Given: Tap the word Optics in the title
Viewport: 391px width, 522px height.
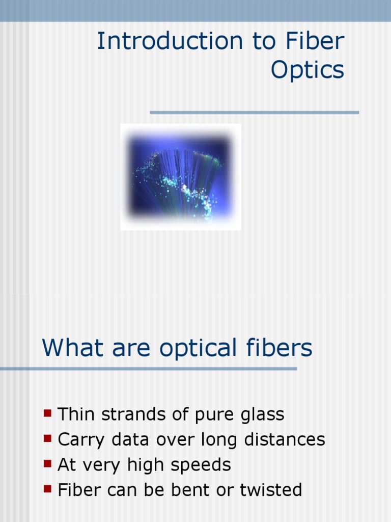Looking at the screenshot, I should (308, 70).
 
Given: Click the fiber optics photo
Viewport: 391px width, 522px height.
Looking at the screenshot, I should (180, 177).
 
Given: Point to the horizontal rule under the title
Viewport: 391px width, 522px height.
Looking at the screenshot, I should (254, 112).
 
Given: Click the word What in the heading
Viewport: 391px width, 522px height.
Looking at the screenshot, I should (70, 348).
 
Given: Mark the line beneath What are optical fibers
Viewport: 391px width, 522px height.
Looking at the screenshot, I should (148, 369).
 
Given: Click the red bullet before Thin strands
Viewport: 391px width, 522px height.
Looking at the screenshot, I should (48, 413).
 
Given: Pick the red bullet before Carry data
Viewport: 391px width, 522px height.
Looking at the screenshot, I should (48, 438).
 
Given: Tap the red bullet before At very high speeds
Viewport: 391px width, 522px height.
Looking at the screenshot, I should (48, 463).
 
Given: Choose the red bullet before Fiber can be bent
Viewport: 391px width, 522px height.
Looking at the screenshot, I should (48, 489).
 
